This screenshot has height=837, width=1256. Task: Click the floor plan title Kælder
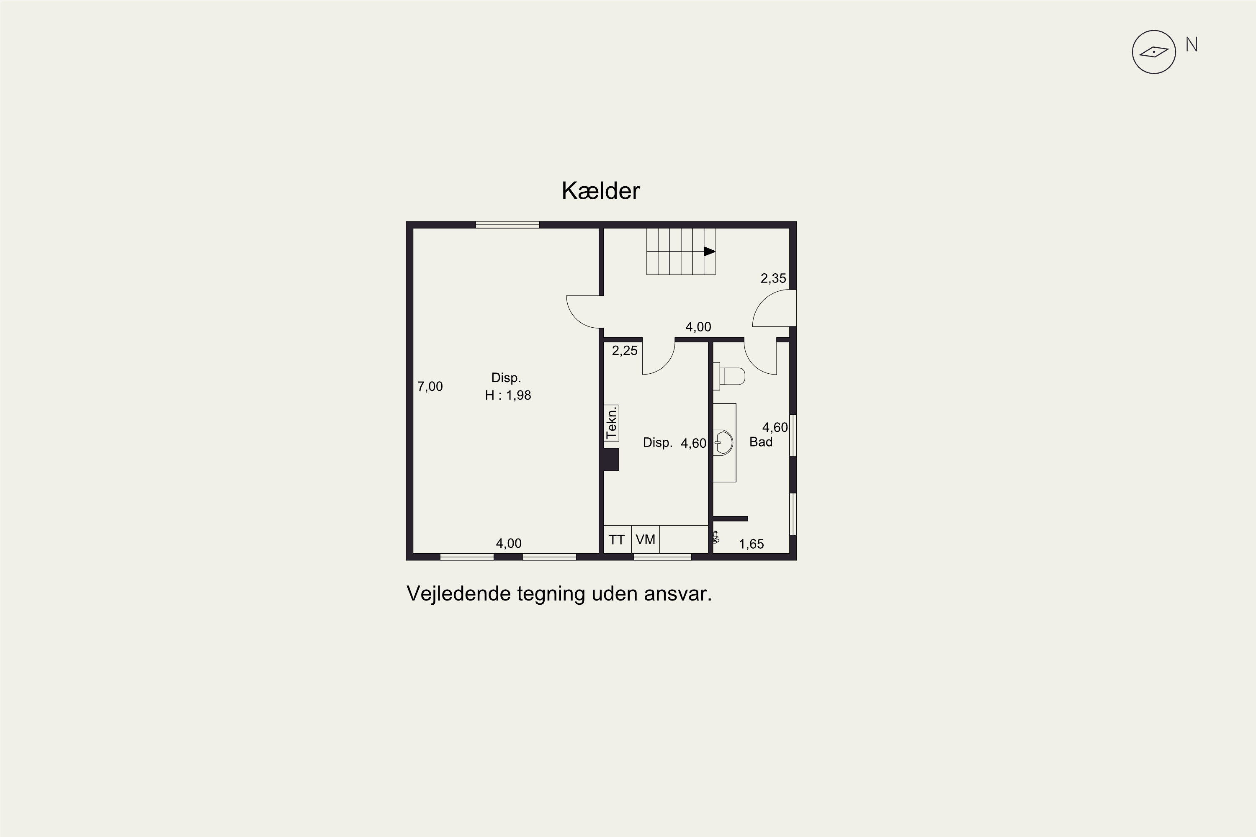pos(600,190)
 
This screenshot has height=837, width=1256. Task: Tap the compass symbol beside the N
pos(1153,52)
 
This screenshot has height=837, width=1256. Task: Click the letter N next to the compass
pos(1192,44)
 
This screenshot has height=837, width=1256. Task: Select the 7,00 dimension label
pos(430,386)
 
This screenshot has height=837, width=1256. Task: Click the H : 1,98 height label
pos(508,395)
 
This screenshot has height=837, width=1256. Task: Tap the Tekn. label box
pos(611,422)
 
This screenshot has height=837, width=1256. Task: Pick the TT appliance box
pos(617,540)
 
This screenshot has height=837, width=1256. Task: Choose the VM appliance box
pos(646,540)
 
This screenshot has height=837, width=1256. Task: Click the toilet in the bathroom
pos(729,376)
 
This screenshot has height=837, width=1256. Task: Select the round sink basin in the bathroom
pos(723,442)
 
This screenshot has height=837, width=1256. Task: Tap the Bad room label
pos(761,442)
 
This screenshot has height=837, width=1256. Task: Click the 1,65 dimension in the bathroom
pos(752,544)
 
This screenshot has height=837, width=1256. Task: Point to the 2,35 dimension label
pos(773,278)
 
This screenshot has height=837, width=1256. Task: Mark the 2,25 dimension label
pos(625,351)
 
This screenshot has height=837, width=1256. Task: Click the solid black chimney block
pos(611,460)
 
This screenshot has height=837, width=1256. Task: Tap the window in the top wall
pos(507,225)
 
